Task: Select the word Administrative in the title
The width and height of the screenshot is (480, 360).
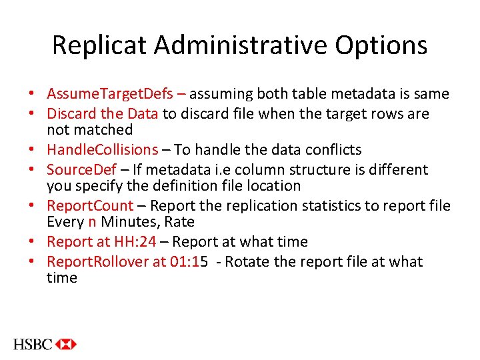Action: pyautogui.click(x=240, y=45)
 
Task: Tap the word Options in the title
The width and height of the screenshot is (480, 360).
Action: pyautogui.click(x=381, y=45)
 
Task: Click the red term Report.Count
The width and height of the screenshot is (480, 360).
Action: pyautogui.click(x=90, y=205)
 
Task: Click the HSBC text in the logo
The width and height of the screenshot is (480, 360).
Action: pyautogui.click(x=31, y=344)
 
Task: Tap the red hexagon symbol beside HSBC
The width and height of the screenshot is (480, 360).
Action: pyautogui.click(x=66, y=344)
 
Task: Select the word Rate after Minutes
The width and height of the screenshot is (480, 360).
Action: pyautogui.click(x=180, y=222)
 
